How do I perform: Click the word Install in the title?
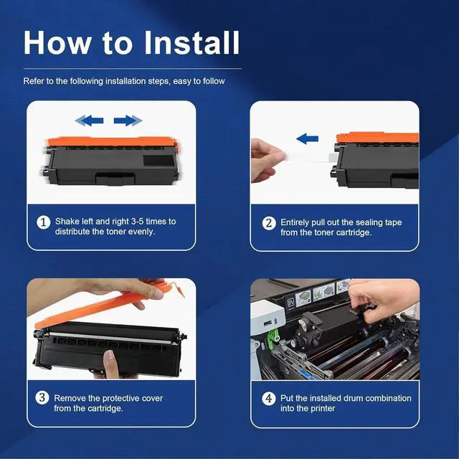point(192,42)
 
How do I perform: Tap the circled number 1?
point(43,222)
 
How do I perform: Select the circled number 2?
point(269,223)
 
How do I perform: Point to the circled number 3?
point(42,398)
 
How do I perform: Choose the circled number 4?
point(268,399)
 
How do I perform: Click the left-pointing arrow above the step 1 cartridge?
point(89,120)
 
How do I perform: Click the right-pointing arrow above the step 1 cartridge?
point(128,120)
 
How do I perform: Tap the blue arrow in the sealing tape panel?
point(307,138)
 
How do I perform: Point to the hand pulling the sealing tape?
point(266,160)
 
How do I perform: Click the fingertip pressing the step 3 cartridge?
point(110,359)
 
